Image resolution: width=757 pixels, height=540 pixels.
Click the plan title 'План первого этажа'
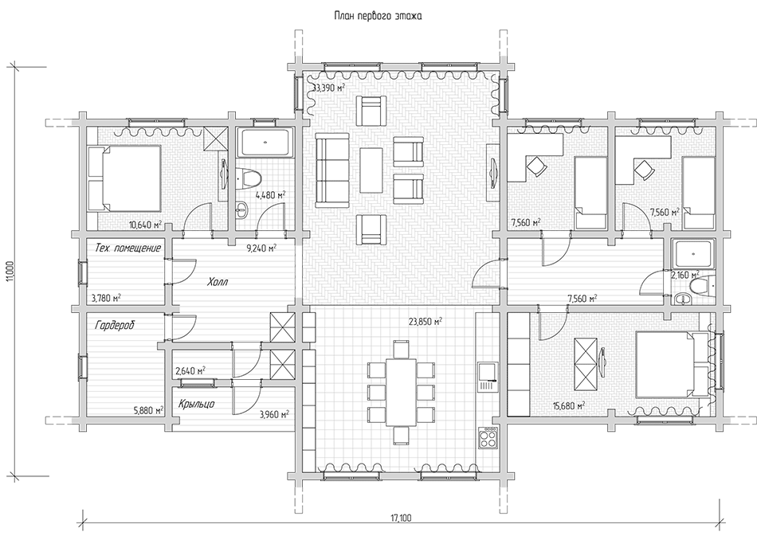[378, 17]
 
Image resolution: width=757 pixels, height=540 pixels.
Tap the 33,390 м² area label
[329, 88]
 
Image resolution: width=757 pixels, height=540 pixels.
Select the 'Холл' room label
[218, 281]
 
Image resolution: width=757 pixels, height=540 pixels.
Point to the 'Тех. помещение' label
[127, 248]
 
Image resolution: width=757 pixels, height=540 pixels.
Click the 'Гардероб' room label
[115, 325]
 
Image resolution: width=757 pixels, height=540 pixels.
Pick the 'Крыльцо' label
[196, 404]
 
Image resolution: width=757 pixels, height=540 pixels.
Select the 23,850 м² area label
[426, 322]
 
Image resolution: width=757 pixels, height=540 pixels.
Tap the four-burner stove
[487, 438]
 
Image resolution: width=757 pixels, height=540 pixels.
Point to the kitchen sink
[487, 377]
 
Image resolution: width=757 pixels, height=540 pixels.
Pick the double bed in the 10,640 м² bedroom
[124, 178]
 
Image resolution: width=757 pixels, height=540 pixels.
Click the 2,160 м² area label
[681, 275]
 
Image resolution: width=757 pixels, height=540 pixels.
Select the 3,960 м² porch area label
[274, 414]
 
